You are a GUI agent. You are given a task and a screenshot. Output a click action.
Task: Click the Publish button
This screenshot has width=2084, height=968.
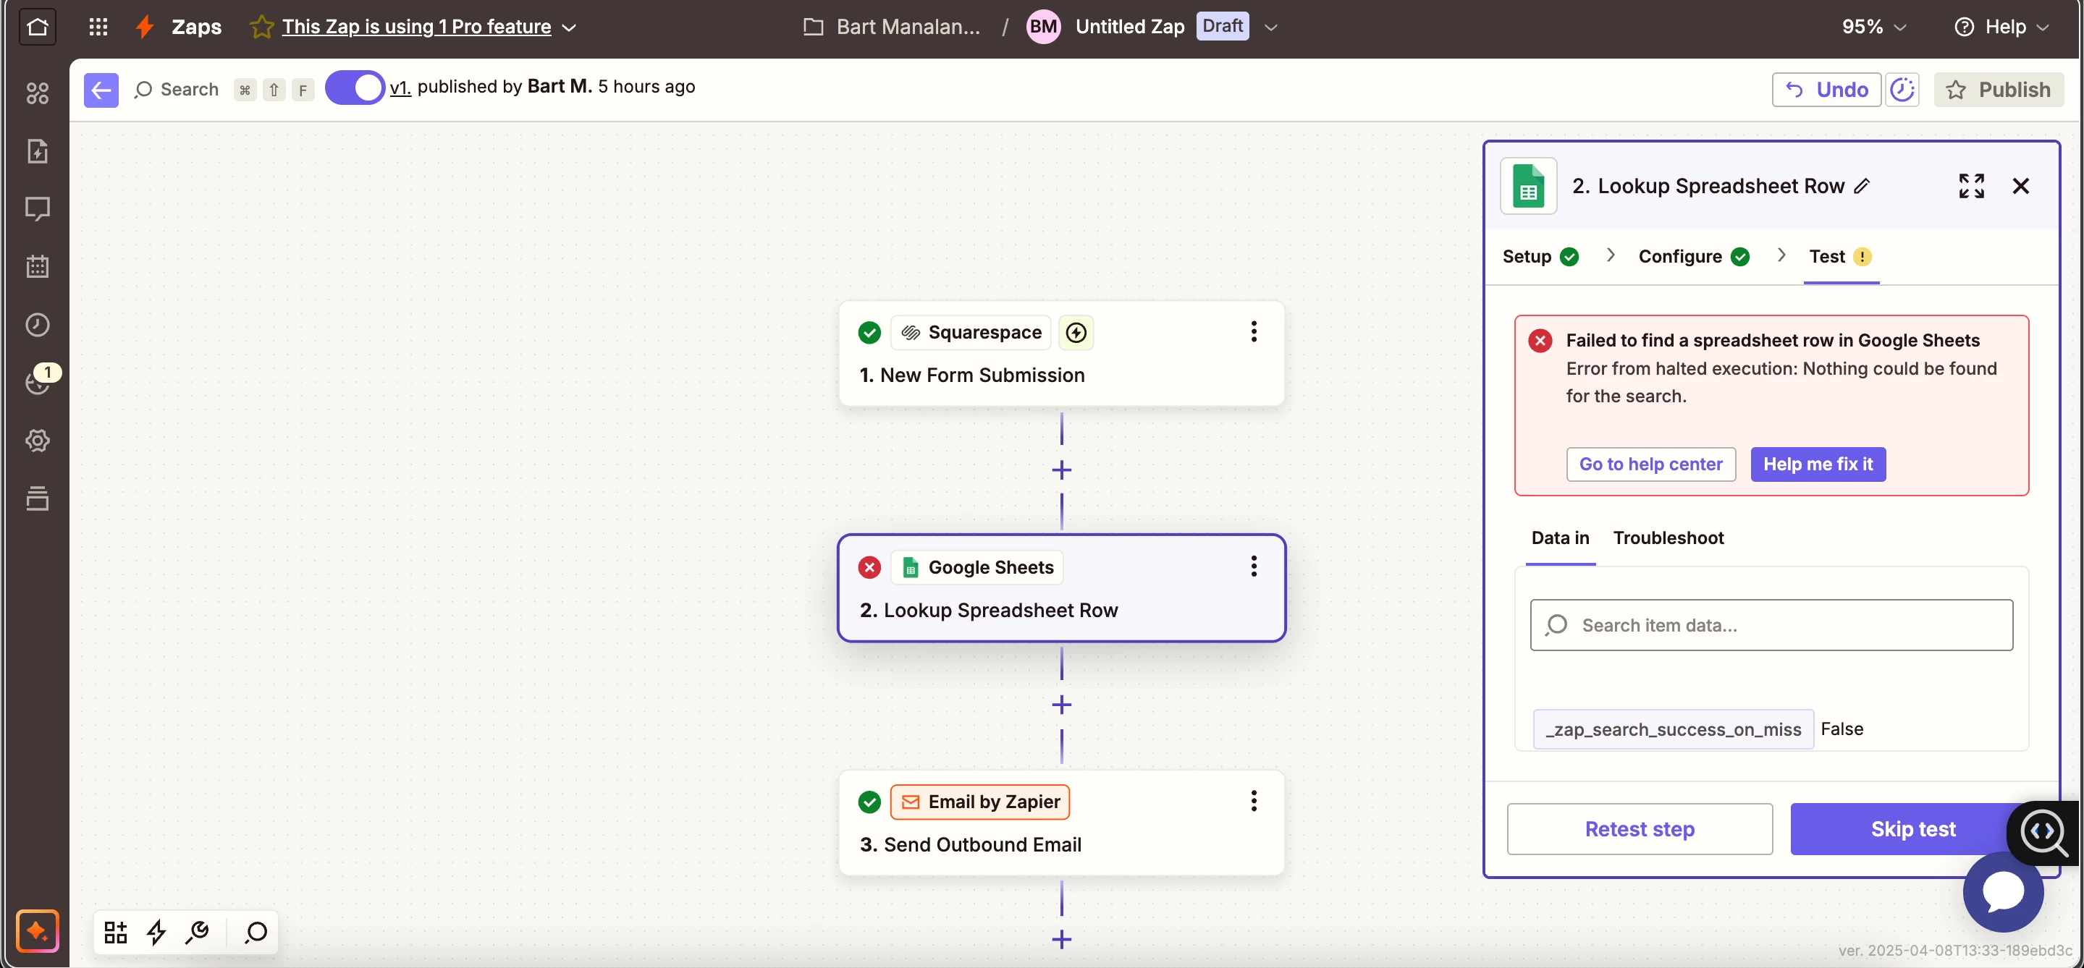click(x=1999, y=89)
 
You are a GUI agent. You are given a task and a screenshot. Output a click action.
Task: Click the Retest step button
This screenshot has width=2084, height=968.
click(x=1639, y=829)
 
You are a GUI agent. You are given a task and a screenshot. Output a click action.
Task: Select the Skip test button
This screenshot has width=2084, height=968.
click(x=1912, y=829)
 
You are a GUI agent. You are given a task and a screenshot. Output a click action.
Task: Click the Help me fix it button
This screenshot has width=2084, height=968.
click(x=1818, y=464)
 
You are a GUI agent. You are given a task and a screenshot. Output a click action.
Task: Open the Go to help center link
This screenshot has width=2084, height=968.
click(x=1650, y=464)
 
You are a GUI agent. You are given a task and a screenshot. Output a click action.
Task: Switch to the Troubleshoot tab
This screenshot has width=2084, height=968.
click(x=1669, y=538)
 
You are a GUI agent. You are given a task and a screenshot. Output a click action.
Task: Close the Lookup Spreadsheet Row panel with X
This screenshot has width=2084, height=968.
click(x=2020, y=186)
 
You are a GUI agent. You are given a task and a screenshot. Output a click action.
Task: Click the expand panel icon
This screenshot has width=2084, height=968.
click(x=1971, y=186)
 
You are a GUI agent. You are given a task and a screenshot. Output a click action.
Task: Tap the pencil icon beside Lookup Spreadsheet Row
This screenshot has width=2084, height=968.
click(x=1862, y=186)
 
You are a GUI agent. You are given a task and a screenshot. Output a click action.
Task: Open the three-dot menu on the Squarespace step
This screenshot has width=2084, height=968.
click(x=1253, y=331)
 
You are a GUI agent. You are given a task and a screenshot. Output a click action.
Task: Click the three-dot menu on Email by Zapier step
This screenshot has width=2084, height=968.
click(x=1253, y=801)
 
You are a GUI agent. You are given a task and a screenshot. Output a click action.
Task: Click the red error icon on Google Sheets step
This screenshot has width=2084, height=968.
click(x=869, y=567)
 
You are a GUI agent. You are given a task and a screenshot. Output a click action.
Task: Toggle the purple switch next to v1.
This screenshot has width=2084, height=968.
click(x=355, y=88)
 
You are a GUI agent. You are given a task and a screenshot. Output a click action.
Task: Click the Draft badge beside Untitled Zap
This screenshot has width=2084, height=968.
click(x=1222, y=26)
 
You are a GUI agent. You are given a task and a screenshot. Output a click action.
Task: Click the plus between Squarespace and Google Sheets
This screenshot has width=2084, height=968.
click(x=1061, y=470)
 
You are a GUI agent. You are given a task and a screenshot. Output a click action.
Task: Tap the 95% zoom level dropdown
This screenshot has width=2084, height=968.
click(x=1873, y=27)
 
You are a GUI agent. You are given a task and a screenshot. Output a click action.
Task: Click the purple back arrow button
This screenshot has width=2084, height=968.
click(x=101, y=89)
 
